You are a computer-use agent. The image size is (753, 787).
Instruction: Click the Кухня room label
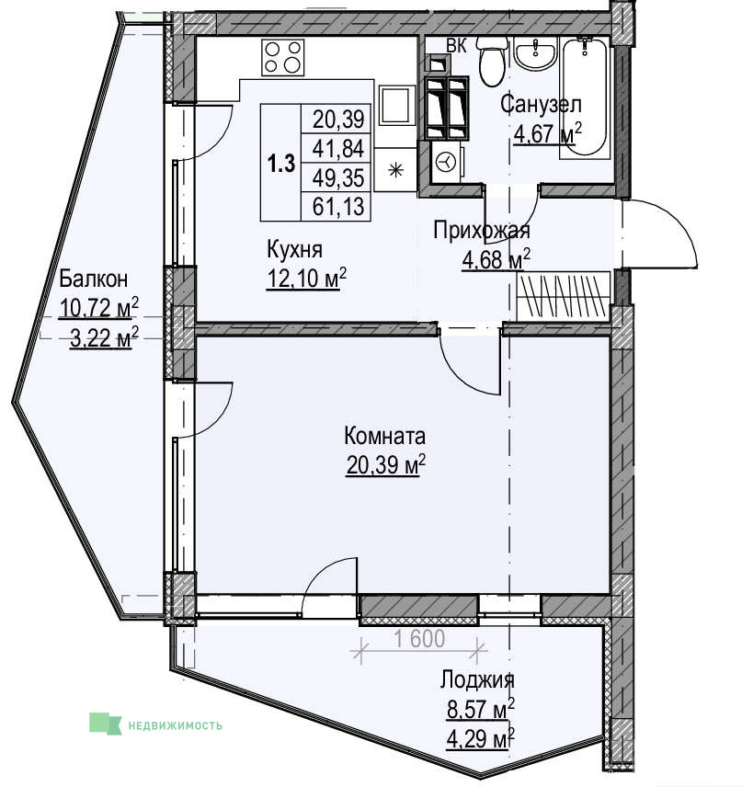coord(295,249)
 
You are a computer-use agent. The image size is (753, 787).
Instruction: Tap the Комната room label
coord(384,436)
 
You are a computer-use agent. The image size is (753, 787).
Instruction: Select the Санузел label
coord(542,105)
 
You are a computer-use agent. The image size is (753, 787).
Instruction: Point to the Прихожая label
coord(482,231)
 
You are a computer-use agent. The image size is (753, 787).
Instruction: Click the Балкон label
coord(94,279)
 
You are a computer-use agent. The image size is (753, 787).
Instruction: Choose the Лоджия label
coord(477,680)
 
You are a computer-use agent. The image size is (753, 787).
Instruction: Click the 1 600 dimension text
coord(419,639)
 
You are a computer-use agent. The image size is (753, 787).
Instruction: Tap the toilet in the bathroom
coord(492,62)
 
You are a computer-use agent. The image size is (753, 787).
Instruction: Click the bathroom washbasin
coord(536,53)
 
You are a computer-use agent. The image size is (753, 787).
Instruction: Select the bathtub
coord(585,97)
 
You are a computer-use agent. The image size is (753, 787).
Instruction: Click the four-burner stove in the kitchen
coord(283,58)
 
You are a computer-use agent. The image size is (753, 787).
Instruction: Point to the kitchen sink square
coord(397,106)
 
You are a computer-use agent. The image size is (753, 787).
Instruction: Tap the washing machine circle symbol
coord(445,162)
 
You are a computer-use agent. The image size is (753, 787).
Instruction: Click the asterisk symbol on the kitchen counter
coord(396,170)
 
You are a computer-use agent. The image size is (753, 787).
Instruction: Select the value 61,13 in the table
coord(338,206)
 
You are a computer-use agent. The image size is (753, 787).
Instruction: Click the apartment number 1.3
coord(280,165)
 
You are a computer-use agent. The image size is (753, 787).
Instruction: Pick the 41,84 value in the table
coord(338,149)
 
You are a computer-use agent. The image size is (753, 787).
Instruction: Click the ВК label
coord(457,46)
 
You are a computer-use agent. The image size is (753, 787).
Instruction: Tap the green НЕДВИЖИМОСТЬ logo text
coord(176,725)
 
